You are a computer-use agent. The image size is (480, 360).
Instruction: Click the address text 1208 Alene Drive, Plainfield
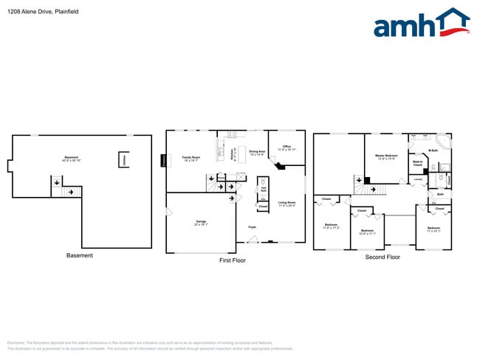[43, 12]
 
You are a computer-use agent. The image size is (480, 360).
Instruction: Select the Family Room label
[191, 158]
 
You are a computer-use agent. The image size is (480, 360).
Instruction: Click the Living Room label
[287, 203]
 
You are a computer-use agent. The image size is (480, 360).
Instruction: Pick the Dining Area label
[257, 153]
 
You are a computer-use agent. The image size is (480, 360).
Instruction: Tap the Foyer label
[252, 228]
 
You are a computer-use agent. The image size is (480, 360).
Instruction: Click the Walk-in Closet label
[417, 163]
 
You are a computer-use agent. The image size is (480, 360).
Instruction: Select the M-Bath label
[433, 150]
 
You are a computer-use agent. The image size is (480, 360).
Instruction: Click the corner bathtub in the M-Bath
[444, 140]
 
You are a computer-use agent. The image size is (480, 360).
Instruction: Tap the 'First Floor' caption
[233, 260]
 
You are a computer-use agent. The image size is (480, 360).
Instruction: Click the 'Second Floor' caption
[383, 257]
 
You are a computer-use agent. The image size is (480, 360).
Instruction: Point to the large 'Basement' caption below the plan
[80, 255]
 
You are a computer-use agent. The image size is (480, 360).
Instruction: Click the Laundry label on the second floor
[418, 179]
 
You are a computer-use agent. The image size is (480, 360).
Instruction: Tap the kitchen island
[219, 152]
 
